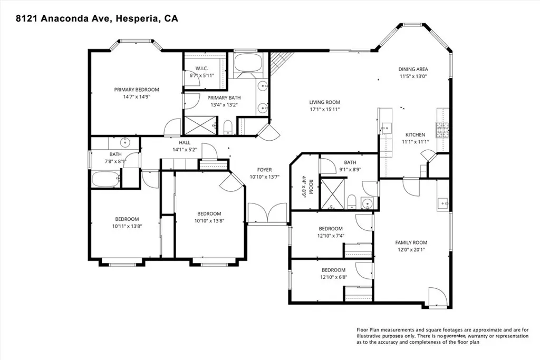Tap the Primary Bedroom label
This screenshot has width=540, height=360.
click(137, 90)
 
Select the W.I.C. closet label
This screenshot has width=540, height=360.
click(202, 69)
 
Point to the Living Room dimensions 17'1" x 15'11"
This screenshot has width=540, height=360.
click(324, 110)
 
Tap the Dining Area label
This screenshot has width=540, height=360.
click(413, 69)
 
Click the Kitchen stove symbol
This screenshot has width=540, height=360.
click(442, 127)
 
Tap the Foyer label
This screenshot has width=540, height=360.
click(264, 170)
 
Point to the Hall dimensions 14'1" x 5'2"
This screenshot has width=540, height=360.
click(184, 150)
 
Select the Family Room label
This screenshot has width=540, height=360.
click(411, 242)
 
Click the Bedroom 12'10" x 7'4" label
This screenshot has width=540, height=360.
click(331, 229)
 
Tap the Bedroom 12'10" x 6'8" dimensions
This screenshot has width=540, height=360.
click(331, 276)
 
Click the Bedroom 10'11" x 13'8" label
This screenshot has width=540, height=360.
click(127, 219)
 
